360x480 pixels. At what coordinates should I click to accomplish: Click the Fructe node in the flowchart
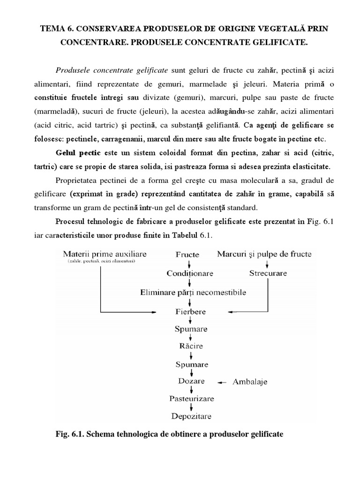[187, 255]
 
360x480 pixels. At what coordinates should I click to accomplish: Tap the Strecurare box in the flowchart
[268, 273]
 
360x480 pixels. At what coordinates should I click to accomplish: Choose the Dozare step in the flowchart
[191, 381]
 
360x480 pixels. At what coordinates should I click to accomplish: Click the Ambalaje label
[250, 382]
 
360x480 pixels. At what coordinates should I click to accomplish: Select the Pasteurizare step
[191, 398]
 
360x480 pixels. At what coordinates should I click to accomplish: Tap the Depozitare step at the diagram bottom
[191, 416]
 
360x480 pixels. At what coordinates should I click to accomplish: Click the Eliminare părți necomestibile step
[193, 292]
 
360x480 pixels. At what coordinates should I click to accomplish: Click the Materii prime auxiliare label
[105, 254]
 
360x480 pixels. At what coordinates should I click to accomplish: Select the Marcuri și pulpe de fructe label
[264, 254]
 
